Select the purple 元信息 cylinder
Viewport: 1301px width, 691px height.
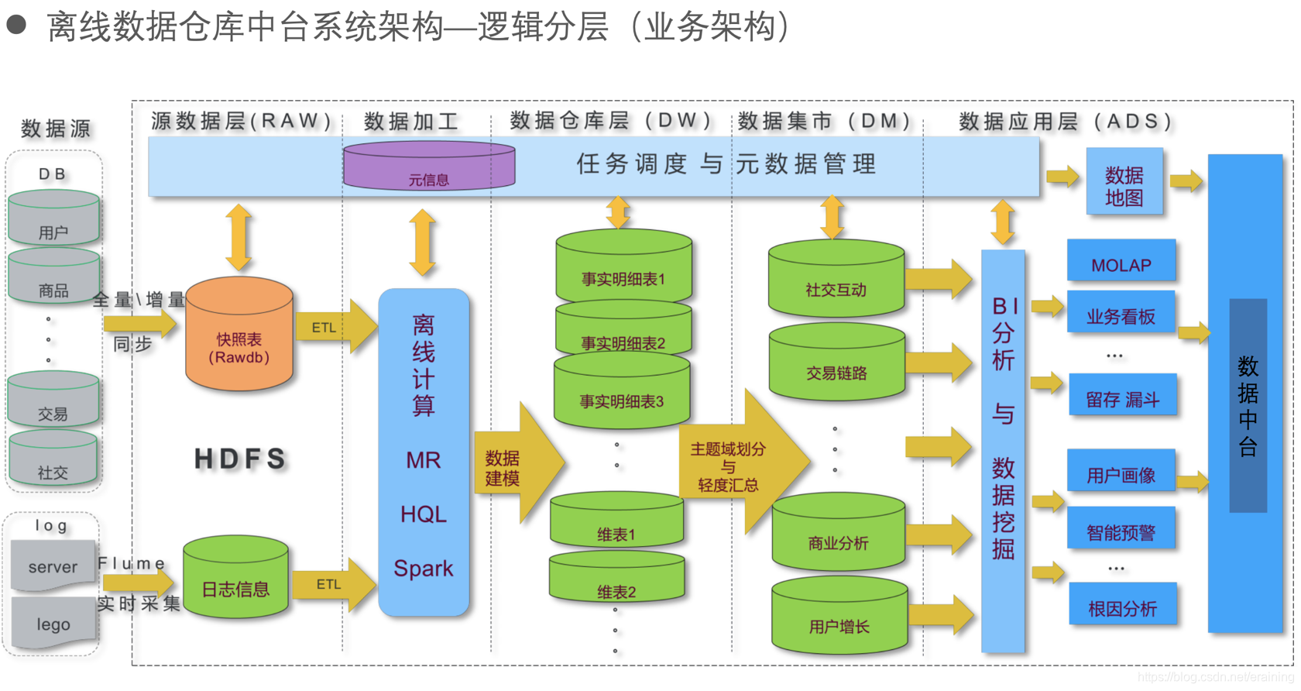point(428,167)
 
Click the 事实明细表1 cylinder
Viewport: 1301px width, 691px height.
point(623,267)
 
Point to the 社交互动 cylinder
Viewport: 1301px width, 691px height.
point(836,280)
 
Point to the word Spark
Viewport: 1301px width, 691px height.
point(423,569)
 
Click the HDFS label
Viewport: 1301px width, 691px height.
point(240,459)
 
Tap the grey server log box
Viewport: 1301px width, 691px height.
point(53,566)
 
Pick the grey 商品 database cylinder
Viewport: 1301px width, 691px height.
point(53,279)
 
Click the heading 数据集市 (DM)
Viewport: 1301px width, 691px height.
point(823,121)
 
